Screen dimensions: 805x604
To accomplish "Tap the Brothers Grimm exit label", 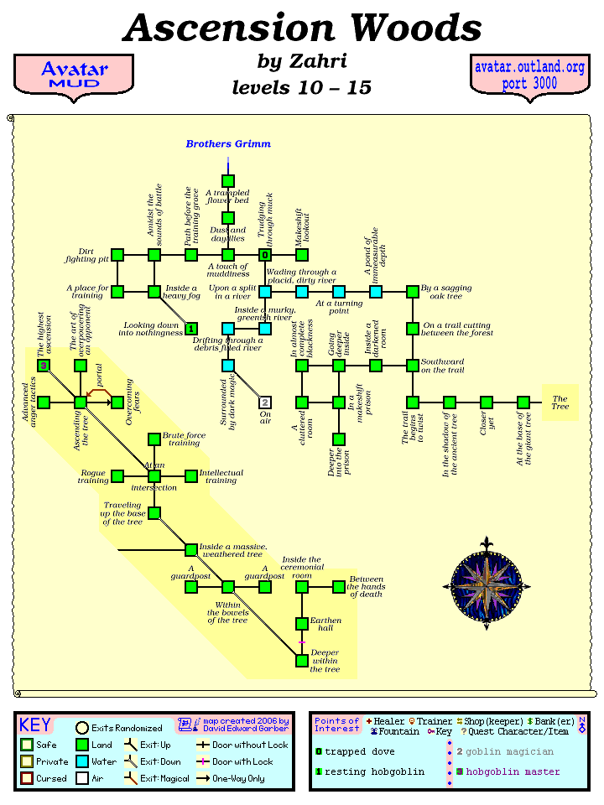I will [228, 144].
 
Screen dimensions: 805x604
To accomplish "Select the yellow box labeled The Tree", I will [560, 402].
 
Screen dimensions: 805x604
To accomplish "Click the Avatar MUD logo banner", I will [74, 75].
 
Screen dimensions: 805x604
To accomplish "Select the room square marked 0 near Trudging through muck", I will [265, 255].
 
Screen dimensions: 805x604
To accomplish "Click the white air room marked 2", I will [265, 402].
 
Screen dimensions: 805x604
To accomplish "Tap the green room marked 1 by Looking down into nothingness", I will [191, 329].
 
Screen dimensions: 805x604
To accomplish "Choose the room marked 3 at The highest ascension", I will [44, 366].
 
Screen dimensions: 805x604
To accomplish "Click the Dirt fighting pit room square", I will [117, 255].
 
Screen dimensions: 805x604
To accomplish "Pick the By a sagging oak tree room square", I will [413, 292].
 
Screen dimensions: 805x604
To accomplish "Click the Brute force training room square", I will [154, 439].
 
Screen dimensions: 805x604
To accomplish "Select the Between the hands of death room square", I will [339, 587].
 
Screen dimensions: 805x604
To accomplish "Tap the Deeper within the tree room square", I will [302, 661].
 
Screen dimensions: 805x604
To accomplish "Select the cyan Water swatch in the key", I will [82, 761].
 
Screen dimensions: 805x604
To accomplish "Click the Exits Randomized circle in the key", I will [82, 728].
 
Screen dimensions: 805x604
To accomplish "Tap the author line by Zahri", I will [302, 62].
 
